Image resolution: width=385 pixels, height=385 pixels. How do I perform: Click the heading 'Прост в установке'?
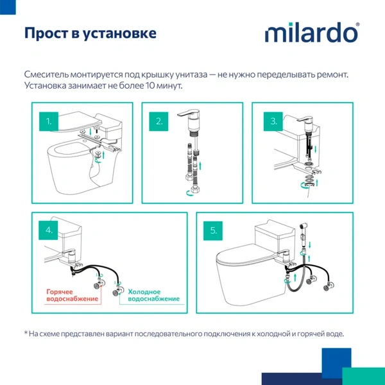[x=90, y=33]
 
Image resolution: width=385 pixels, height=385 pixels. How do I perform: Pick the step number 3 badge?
[x=274, y=120]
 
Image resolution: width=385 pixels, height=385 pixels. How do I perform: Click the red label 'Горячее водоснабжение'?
[x=72, y=295]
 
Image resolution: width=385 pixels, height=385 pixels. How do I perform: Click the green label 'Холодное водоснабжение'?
[x=153, y=295]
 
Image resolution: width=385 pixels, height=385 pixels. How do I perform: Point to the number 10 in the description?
[x=151, y=86]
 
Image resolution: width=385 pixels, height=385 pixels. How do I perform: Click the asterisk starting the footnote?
[x=26, y=333]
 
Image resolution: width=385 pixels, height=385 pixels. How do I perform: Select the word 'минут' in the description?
[x=170, y=86]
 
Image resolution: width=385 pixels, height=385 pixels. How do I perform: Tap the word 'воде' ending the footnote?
[x=333, y=334]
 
